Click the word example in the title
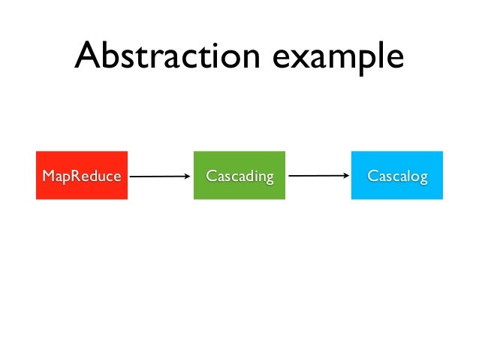tap(336, 58)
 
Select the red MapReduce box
tap(81, 175)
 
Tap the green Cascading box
tap(239, 175)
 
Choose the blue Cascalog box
tap(396, 175)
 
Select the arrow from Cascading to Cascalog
tap(317, 177)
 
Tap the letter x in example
tap(298, 59)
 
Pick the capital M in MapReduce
tap(48, 177)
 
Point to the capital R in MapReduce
tap(77, 177)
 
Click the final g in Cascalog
tap(423, 179)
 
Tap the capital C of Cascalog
tap(371, 177)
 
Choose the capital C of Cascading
tap(211, 177)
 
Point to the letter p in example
tap(354, 62)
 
